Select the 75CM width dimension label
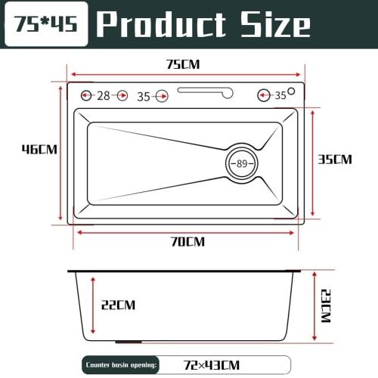[x=183, y=64]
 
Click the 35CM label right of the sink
[x=334, y=160]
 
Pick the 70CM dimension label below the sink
[x=187, y=242]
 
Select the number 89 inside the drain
[x=243, y=164]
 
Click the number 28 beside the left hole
[x=104, y=95]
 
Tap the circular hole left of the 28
[x=86, y=95]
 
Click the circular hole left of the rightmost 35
[x=265, y=95]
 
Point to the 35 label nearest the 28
[x=144, y=96]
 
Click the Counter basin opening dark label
[x=122, y=364]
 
